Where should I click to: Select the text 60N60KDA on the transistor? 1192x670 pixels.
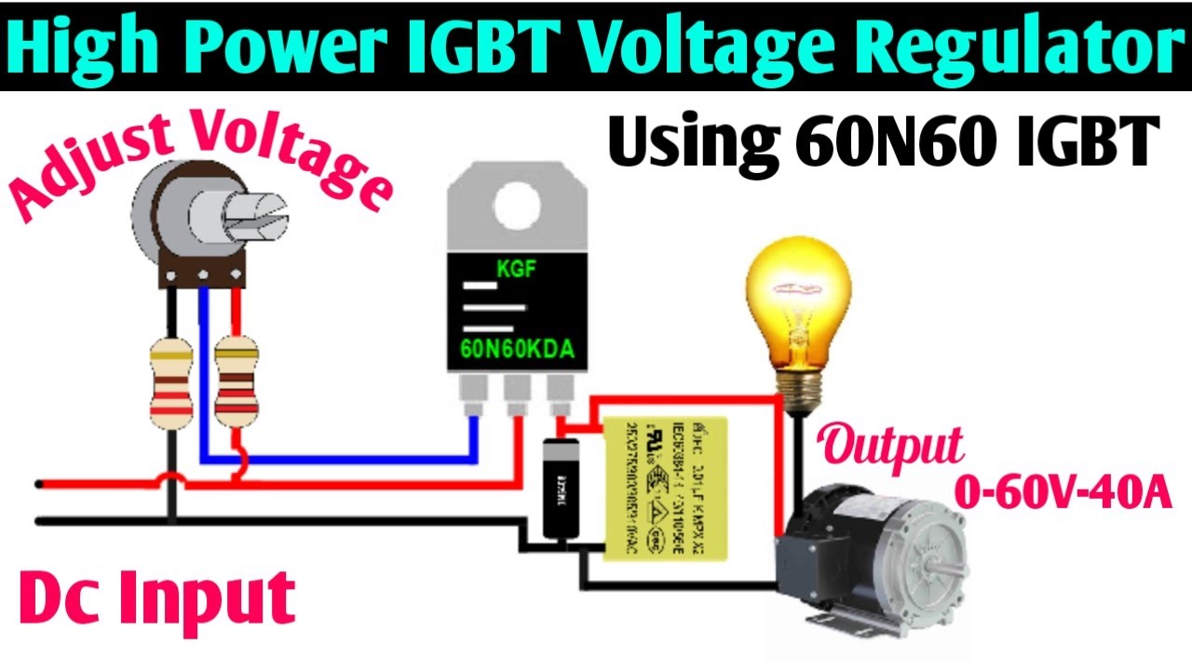[517, 349]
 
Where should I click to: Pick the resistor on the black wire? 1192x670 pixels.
[170, 383]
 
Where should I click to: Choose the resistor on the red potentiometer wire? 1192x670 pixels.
[236, 383]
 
